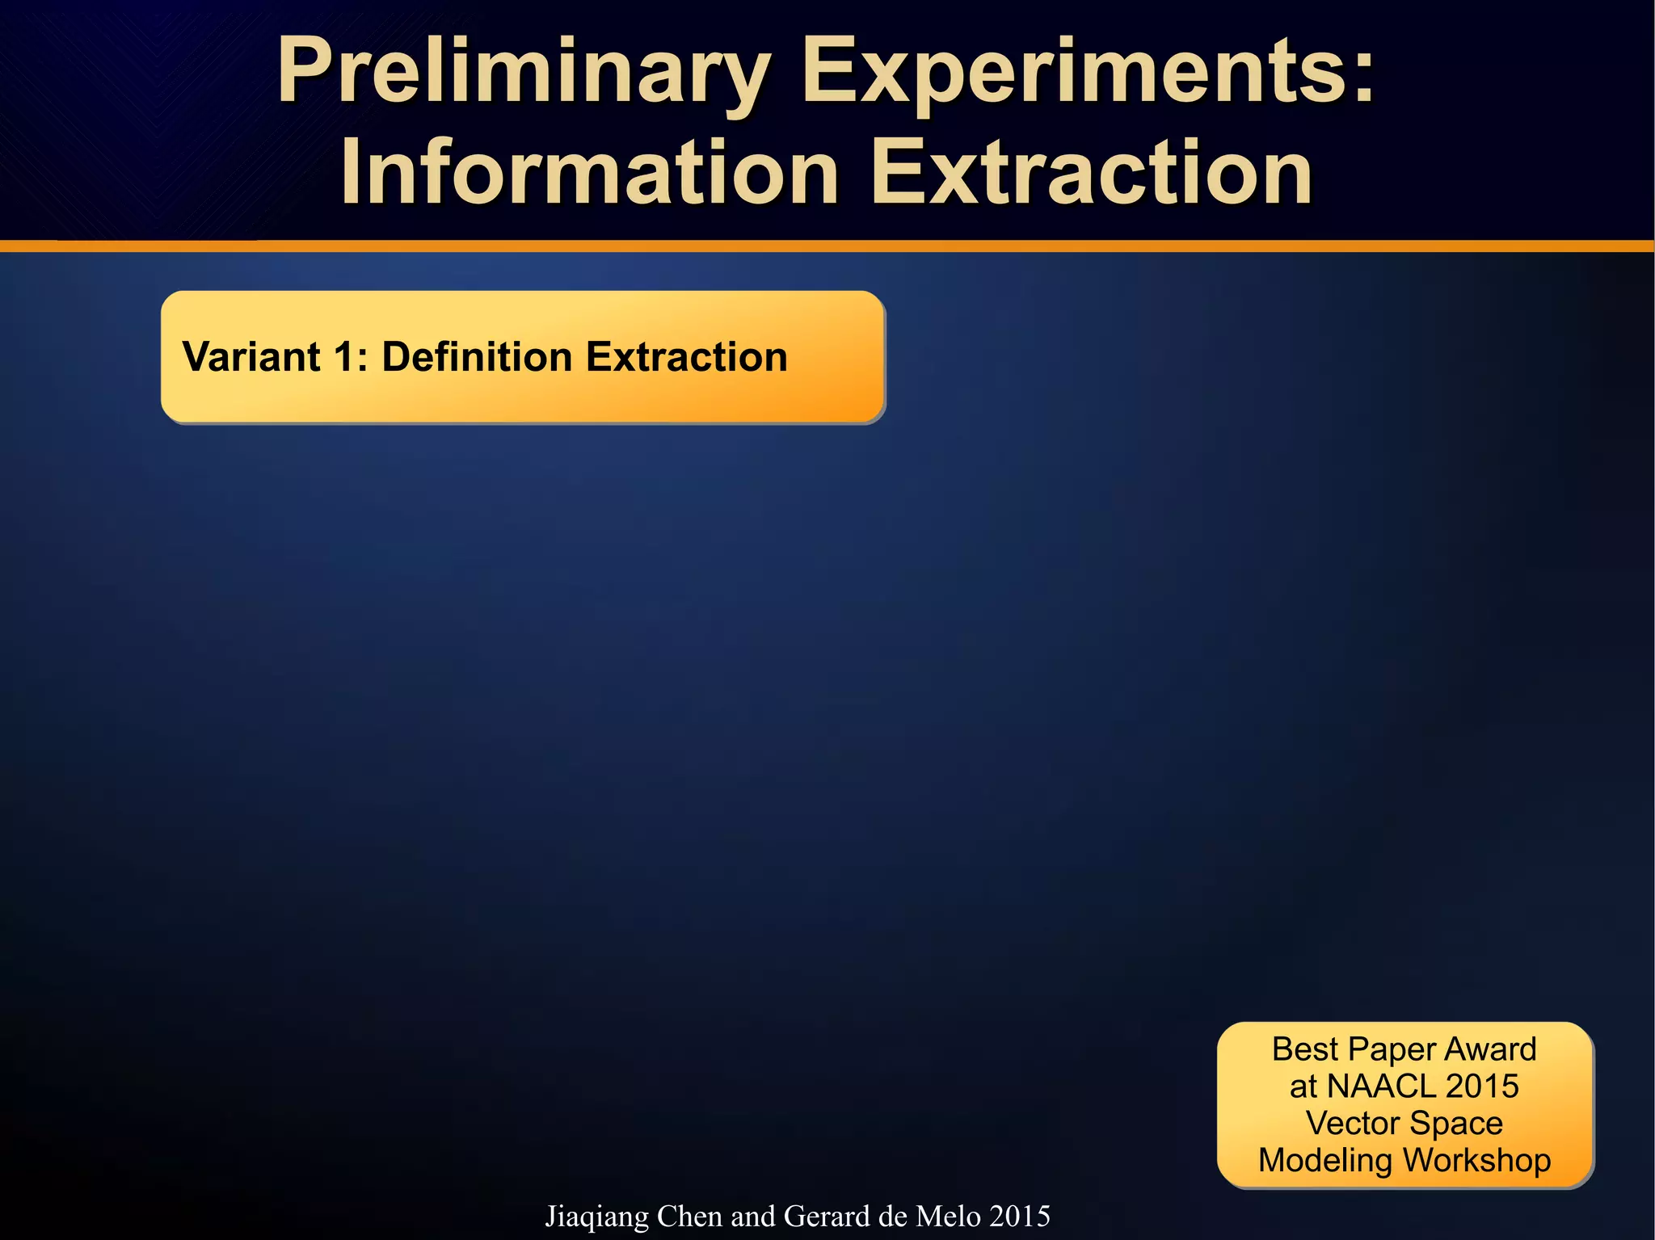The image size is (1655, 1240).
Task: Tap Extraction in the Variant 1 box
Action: click(x=686, y=357)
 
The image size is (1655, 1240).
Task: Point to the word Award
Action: click(x=1490, y=1049)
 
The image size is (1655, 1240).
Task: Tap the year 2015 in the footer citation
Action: click(x=1020, y=1217)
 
